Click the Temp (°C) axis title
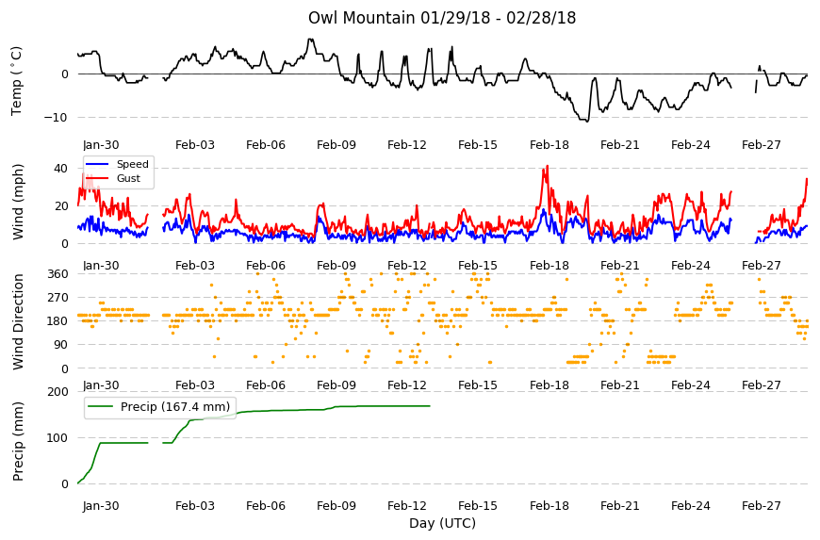click(17, 81)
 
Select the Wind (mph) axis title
click(18, 203)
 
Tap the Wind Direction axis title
click(18, 322)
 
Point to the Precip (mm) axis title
click(18, 442)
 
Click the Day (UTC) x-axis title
click(442, 524)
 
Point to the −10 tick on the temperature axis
click(56, 118)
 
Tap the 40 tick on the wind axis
click(60, 169)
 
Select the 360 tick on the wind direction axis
click(57, 274)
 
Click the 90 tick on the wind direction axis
click(61, 345)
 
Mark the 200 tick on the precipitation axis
click(57, 392)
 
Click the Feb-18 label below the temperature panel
click(549, 145)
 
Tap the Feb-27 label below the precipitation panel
click(762, 506)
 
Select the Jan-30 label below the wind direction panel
click(101, 385)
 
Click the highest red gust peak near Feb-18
click(548, 166)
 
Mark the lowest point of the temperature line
click(587, 122)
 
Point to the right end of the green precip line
click(430, 406)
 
